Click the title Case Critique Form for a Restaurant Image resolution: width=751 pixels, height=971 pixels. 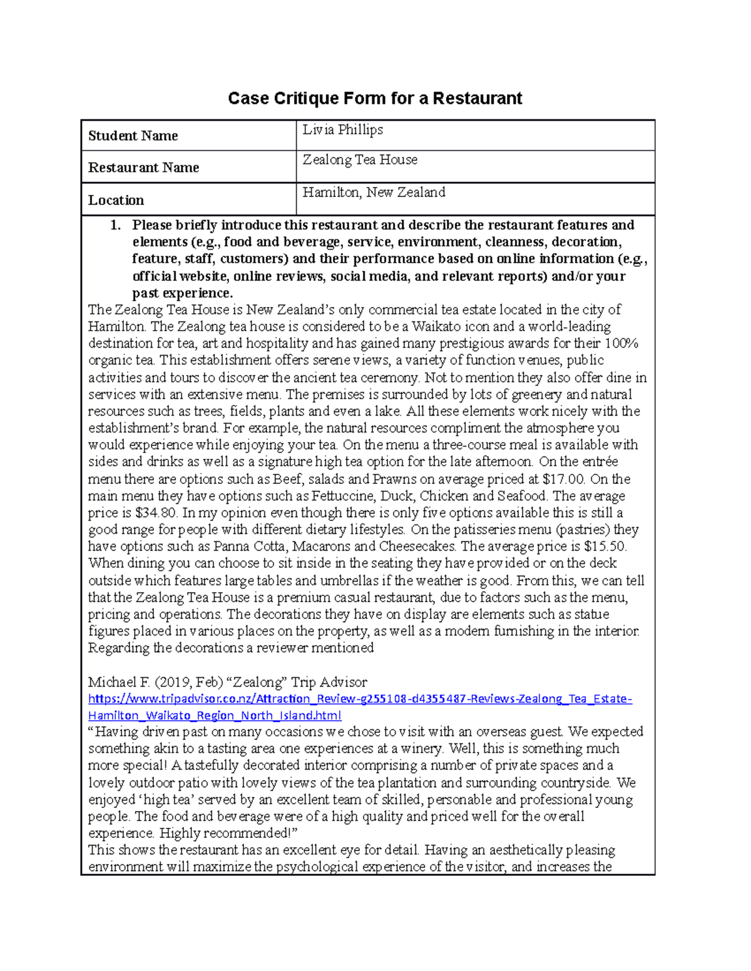pos(374,98)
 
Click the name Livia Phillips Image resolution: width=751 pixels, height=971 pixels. pos(342,129)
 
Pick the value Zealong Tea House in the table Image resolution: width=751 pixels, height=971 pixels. pos(360,160)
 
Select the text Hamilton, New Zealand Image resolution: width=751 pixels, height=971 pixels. pos(374,193)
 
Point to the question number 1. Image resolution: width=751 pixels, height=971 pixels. pos(115,225)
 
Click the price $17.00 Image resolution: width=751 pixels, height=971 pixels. pos(565,480)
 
